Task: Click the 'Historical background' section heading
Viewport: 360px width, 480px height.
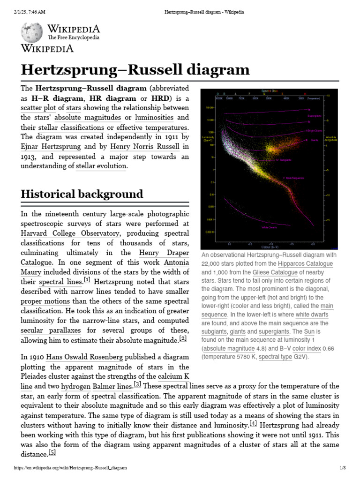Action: tap(82, 194)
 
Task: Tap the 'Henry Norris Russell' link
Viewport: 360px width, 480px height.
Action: tap(152, 147)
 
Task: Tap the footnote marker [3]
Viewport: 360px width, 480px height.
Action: tap(137, 384)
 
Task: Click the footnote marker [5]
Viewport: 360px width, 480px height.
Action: tap(52, 453)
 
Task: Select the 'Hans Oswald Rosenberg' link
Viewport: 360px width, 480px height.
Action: tap(88, 357)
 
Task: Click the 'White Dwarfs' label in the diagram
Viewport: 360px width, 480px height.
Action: tap(269, 227)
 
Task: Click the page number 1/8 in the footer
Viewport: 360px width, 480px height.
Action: tap(343, 468)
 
